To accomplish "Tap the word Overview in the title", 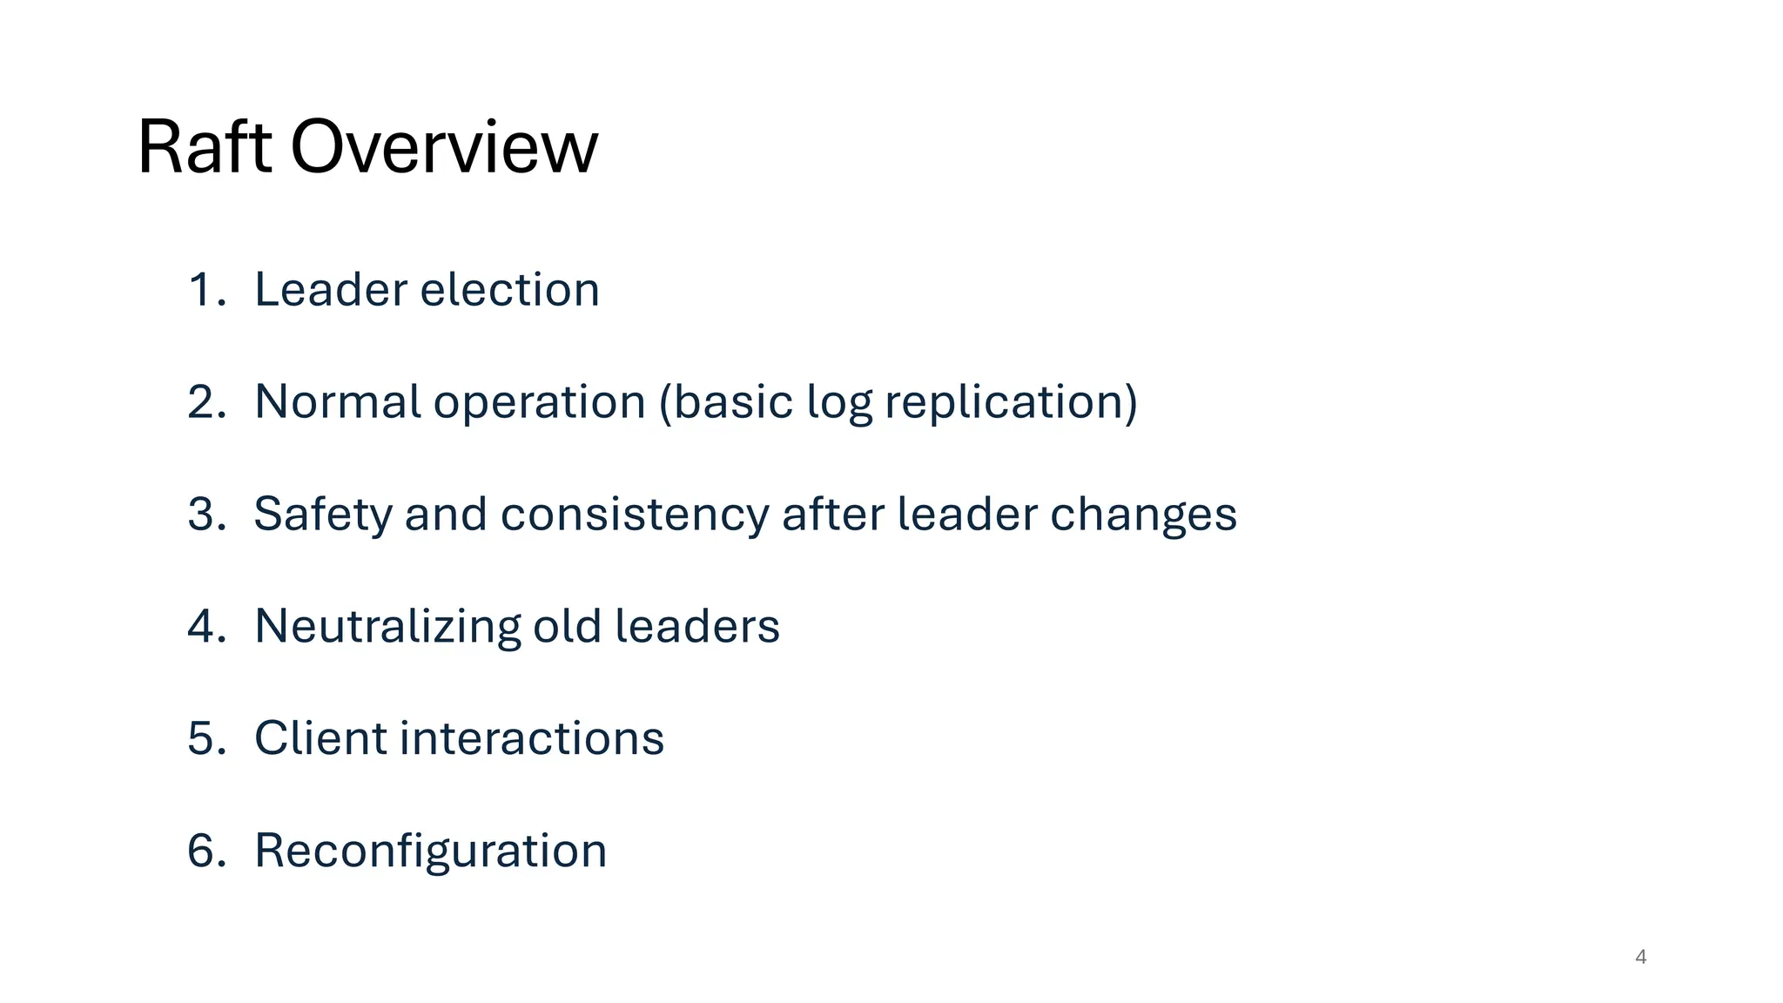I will pos(444,147).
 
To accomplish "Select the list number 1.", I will pos(205,290).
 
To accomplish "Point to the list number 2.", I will pos(205,402).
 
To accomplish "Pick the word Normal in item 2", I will pos(338,402).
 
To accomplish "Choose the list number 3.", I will pos(205,514).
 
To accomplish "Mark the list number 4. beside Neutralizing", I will pos(205,626).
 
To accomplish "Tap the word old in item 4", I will pos(567,626).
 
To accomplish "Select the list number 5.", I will pos(205,738).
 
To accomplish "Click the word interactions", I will pos(532,738).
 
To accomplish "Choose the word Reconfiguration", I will pos(430,852).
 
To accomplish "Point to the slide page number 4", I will pos(1640,957).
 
